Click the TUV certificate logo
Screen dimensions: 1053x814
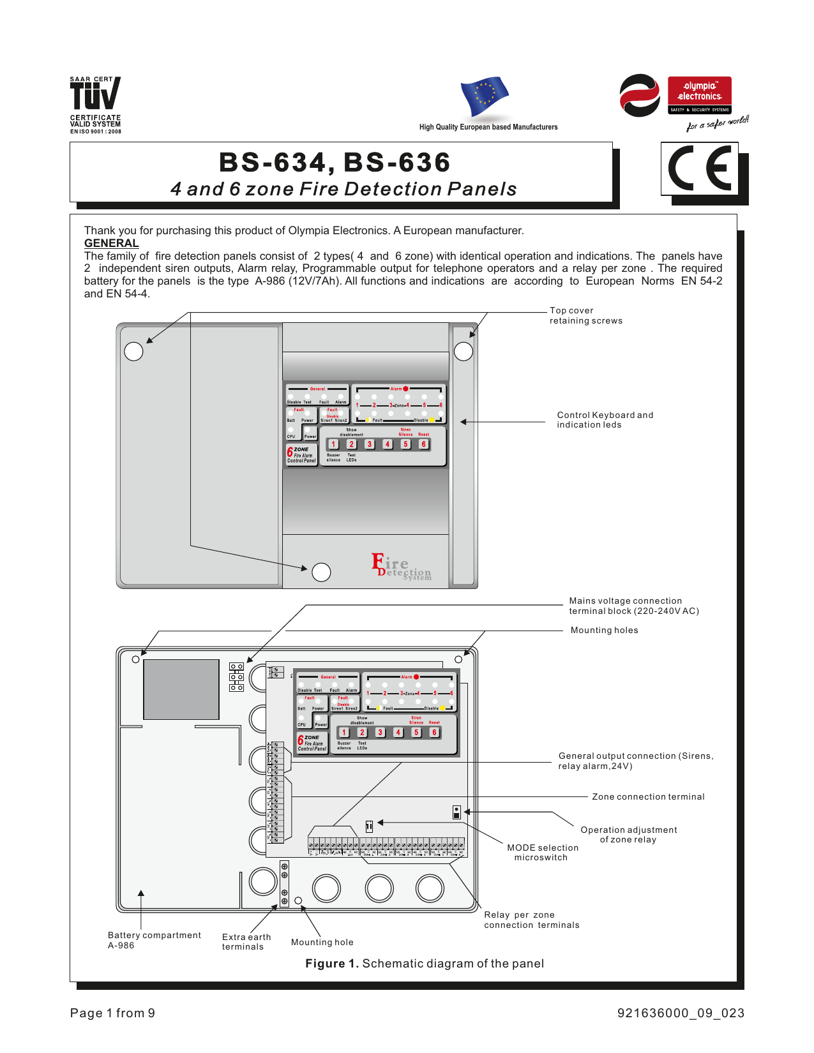pyautogui.click(x=94, y=104)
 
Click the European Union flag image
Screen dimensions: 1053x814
pyautogui.click(x=485, y=96)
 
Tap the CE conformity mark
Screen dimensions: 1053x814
pyautogui.click(x=700, y=169)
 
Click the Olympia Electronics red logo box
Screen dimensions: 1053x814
pyautogui.click(x=699, y=95)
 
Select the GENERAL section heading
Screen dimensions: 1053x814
pyautogui.click(x=111, y=243)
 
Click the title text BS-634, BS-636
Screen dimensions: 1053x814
pyautogui.click(x=335, y=162)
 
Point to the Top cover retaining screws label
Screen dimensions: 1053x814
pyautogui.click(x=585, y=315)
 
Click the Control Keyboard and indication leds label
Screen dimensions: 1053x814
pyautogui.click(x=605, y=419)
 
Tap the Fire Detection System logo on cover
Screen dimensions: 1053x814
pyautogui.click(x=402, y=567)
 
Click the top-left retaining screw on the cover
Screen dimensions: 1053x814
pyautogui.click(x=133, y=351)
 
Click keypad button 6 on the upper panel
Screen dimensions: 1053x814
pyautogui.click(x=423, y=444)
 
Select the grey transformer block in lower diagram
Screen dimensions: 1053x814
pyautogui.click(x=181, y=689)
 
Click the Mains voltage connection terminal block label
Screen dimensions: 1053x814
pyautogui.click(x=633, y=606)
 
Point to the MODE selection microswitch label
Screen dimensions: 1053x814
pyautogui.click(x=542, y=852)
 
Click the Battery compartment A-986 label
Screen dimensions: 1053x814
pyautogui.click(x=154, y=940)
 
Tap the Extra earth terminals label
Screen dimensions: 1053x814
pyautogui.click(x=246, y=941)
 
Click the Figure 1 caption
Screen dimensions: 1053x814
pyautogui.click(x=424, y=963)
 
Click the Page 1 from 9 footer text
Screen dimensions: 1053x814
pyautogui.click(x=112, y=1013)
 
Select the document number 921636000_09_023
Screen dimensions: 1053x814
pyautogui.click(x=680, y=1013)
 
